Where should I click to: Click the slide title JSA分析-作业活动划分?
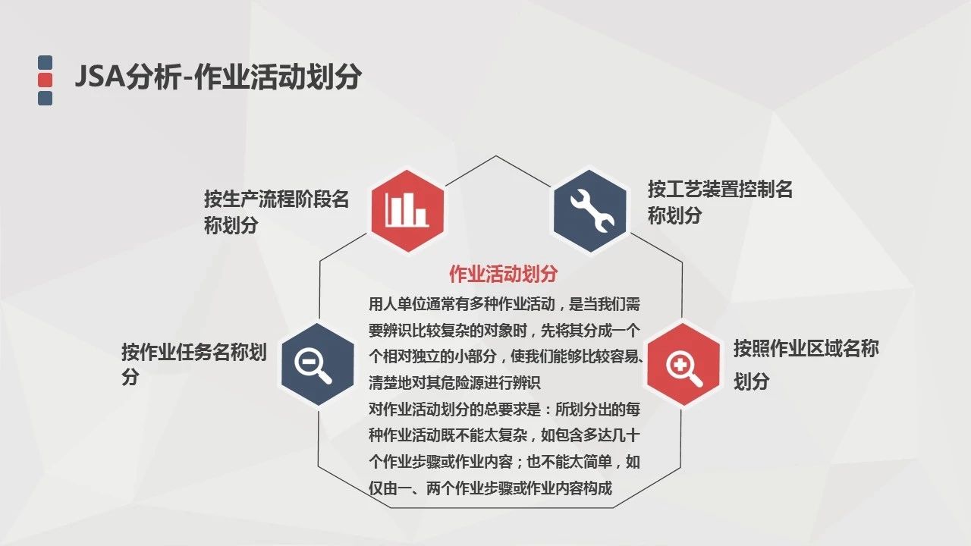click(218, 77)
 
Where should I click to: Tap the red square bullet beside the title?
click(45, 80)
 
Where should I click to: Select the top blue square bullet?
click(45, 62)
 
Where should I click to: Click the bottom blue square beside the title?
click(45, 98)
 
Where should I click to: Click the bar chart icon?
click(407, 210)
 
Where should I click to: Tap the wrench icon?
click(591, 211)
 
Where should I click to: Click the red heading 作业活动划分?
click(503, 274)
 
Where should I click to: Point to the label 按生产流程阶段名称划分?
click(277, 212)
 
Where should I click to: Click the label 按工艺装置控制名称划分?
click(720, 202)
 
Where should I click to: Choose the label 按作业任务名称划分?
click(193, 364)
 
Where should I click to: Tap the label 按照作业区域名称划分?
click(806, 365)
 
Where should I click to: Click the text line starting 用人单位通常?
click(504, 304)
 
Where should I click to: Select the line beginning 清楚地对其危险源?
click(454, 383)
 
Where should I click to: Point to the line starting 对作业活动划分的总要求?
click(504, 409)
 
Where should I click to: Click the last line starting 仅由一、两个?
click(490, 488)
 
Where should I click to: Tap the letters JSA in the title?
click(100, 77)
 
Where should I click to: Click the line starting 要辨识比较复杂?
click(504, 331)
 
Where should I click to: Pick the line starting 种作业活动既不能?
click(504, 435)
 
